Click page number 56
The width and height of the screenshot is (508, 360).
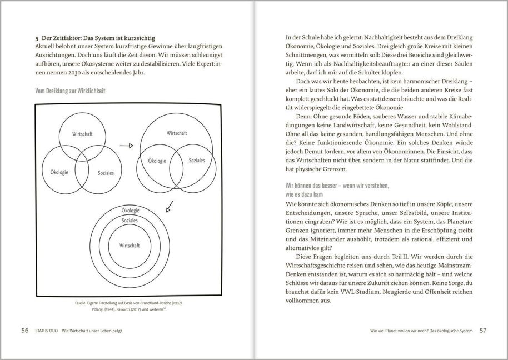click(24, 331)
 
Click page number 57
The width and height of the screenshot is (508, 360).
click(483, 331)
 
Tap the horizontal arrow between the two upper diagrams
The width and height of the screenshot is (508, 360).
click(127, 146)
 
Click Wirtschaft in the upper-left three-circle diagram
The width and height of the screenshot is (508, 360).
click(82, 134)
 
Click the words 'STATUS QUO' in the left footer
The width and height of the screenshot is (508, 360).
click(48, 331)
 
